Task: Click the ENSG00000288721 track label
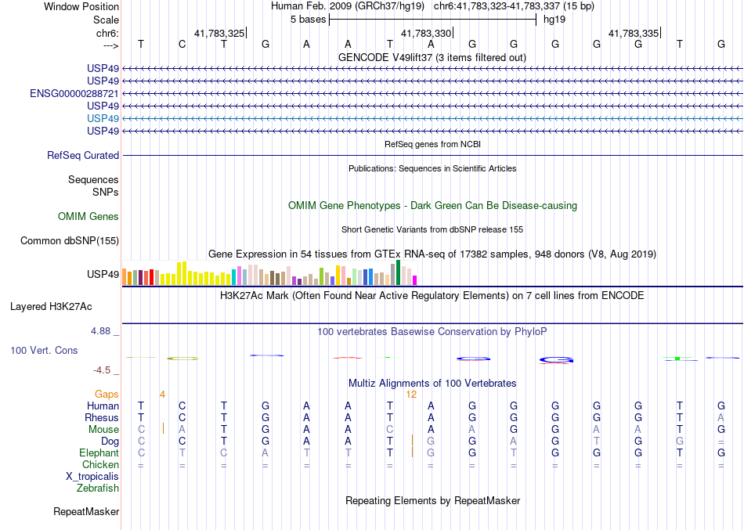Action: [74, 93]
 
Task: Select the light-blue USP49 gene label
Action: [103, 118]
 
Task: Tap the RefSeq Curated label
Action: [83, 156]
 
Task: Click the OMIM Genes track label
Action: [88, 217]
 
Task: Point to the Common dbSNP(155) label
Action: [70, 241]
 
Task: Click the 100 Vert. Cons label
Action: [45, 351]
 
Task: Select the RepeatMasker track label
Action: [86, 512]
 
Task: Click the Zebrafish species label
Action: [98, 489]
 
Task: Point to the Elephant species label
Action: [99, 453]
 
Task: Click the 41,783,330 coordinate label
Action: [426, 34]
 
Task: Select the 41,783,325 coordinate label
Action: [219, 34]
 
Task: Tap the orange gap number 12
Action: [411, 395]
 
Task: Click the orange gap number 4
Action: [162, 395]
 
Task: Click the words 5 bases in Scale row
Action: [308, 19]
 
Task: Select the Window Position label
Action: [81, 6]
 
